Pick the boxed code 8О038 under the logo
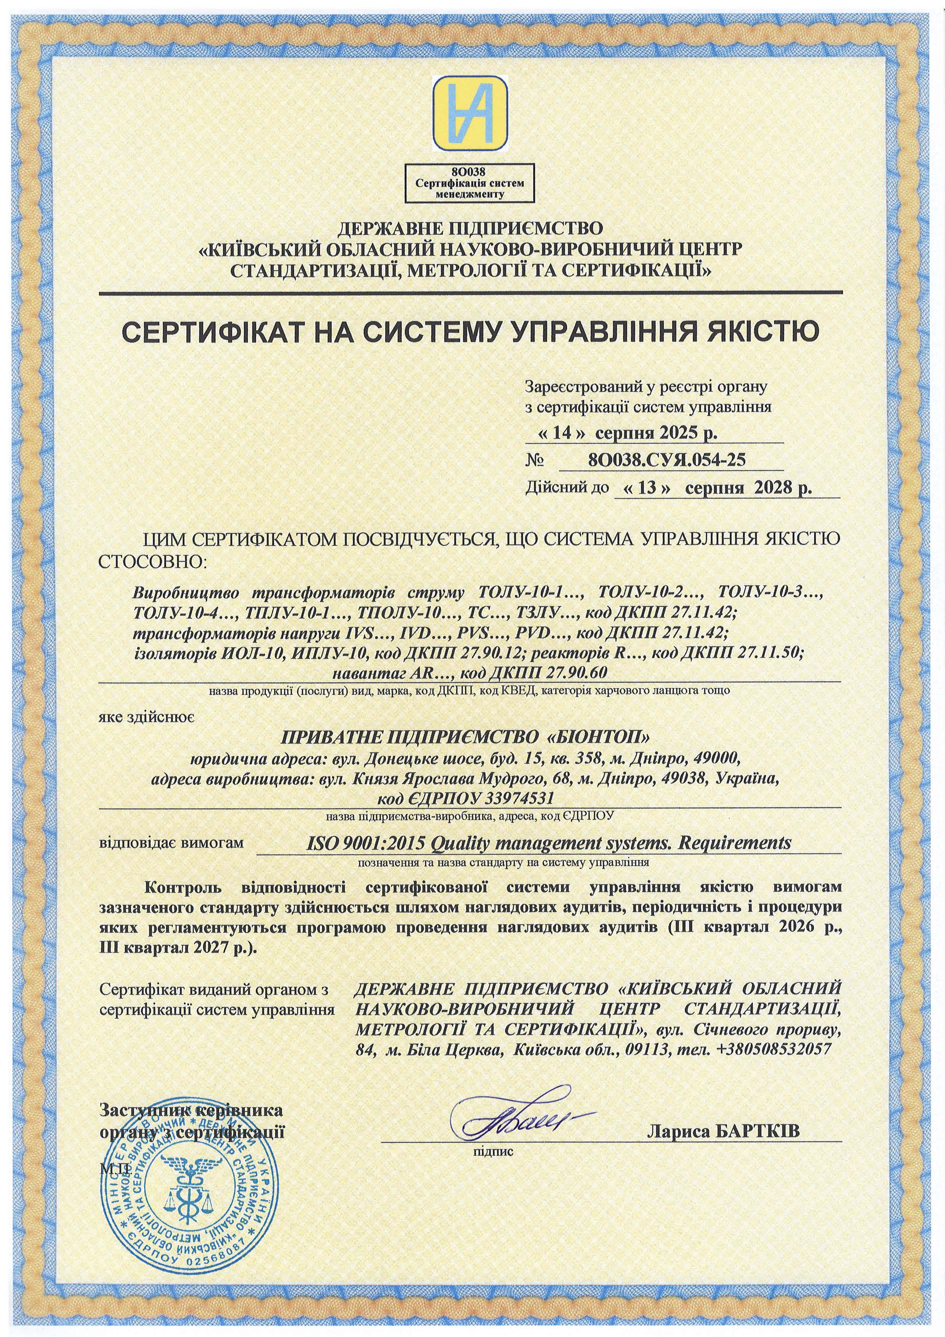pos(472,171)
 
